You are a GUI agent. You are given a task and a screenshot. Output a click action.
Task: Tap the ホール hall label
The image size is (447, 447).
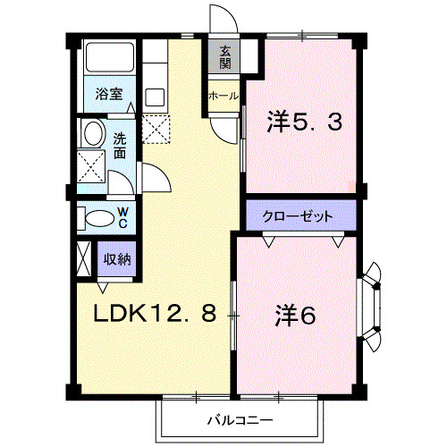click(223, 96)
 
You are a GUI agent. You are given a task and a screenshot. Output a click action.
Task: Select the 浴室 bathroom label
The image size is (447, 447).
click(109, 91)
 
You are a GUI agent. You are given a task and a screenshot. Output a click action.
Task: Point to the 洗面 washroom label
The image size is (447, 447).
click(120, 146)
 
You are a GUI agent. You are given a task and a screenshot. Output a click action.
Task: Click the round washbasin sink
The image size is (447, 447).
click(91, 135)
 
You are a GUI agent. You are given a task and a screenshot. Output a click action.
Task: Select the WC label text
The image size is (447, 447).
click(123, 217)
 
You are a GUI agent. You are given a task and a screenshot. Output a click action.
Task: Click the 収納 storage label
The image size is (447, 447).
click(117, 259)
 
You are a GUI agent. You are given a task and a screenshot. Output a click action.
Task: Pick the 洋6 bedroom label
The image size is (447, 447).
click(296, 316)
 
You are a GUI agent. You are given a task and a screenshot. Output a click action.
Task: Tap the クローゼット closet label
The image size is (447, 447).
click(299, 216)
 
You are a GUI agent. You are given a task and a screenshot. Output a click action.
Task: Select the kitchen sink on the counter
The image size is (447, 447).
click(154, 97)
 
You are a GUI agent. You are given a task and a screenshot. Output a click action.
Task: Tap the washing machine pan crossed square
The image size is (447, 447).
click(90, 166)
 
